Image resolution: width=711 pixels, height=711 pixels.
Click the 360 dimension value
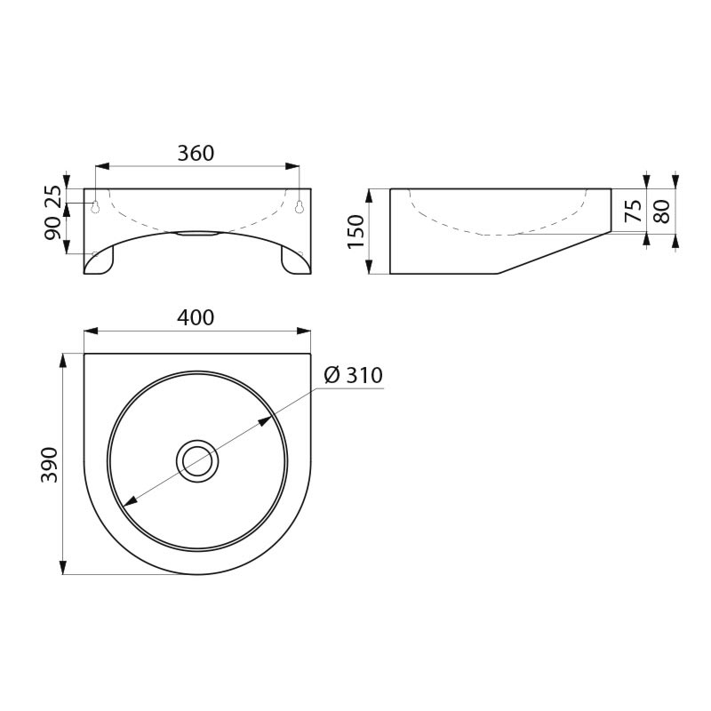pos(196,153)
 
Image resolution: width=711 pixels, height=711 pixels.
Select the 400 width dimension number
pos(196,318)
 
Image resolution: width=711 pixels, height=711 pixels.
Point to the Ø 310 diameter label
pos(353,376)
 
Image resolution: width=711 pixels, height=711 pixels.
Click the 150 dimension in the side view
pos(356,231)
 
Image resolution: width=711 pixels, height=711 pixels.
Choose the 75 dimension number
pos(633,211)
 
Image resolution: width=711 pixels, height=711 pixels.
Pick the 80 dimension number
pos(660,211)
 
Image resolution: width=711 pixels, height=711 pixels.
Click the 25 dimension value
pos(53,197)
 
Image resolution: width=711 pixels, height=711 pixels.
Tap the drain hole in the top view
pos(196,460)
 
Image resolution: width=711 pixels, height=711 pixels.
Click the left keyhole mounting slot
pos(94,206)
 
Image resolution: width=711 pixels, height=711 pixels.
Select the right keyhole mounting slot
pos(300,206)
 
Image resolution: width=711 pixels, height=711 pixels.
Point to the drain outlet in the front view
pos(196,235)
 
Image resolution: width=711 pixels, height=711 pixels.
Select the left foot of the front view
pos(100,260)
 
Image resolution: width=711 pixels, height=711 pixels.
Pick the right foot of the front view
pos(294,260)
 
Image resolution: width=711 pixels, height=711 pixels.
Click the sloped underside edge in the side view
pos(551,253)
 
